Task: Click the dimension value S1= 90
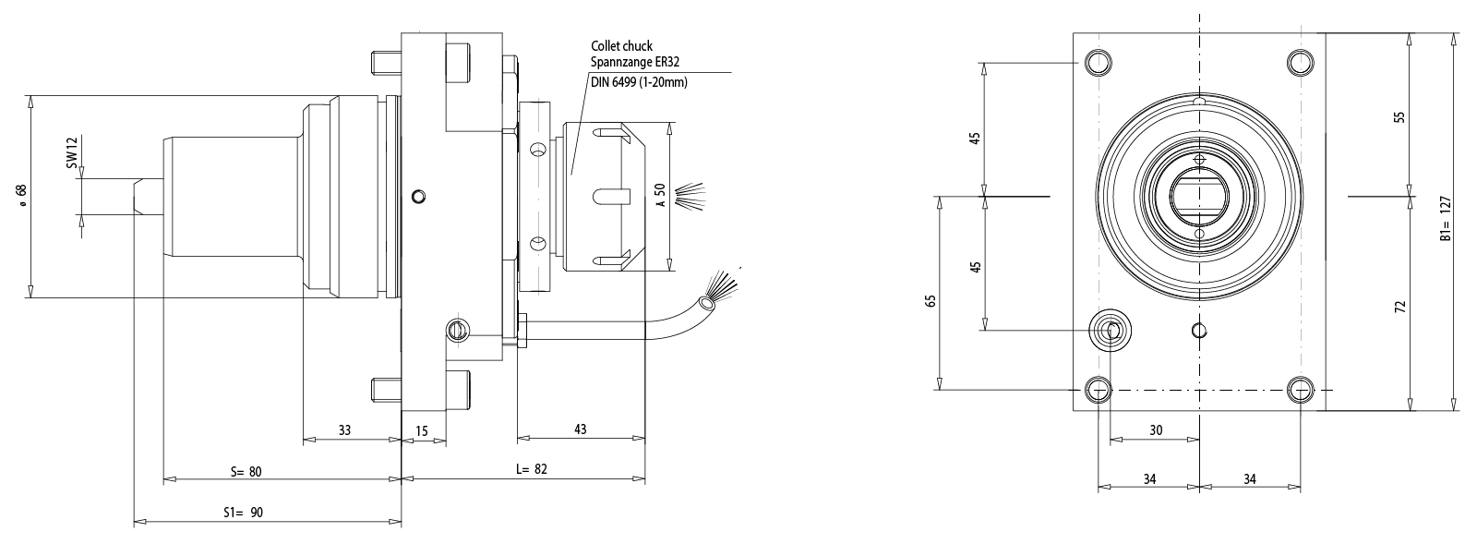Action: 244,512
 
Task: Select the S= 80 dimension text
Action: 246,471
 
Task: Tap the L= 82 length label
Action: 531,469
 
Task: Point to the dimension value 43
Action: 580,429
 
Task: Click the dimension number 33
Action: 344,429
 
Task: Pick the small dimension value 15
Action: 422,429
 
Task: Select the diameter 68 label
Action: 20,195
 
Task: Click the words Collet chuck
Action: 622,45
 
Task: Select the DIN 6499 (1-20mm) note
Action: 638,82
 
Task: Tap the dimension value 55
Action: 1399,118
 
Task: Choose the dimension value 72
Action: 1399,305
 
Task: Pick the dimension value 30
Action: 1156,429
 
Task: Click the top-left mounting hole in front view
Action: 1098,62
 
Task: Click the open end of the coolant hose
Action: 708,302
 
